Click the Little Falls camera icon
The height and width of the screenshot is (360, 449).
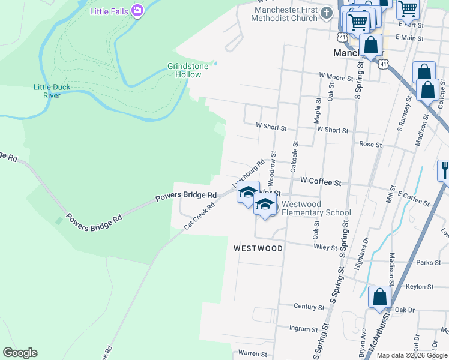[x=138, y=10]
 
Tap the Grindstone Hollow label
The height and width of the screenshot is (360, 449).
[x=188, y=70]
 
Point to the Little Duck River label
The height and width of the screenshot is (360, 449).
[x=52, y=91]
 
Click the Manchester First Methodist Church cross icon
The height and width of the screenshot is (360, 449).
[x=327, y=13]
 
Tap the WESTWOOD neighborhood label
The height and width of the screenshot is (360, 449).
[x=258, y=248]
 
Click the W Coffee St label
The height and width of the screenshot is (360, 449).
[x=320, y=181]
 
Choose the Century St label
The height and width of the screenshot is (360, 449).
[x=309, y=307]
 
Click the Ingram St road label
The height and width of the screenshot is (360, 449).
[x=303, y=329]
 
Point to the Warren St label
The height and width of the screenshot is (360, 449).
[x=252, y=354]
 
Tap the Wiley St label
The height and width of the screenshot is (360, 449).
[x=325, y=246]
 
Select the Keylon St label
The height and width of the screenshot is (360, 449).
[x=418, y=287]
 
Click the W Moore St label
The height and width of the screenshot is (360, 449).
[x=336, y=77]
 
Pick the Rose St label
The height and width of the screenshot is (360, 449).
[x=370, y=145]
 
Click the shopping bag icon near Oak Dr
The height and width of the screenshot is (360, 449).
[x=379, y=298]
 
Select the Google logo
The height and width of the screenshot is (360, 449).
[x=20, y=353]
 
